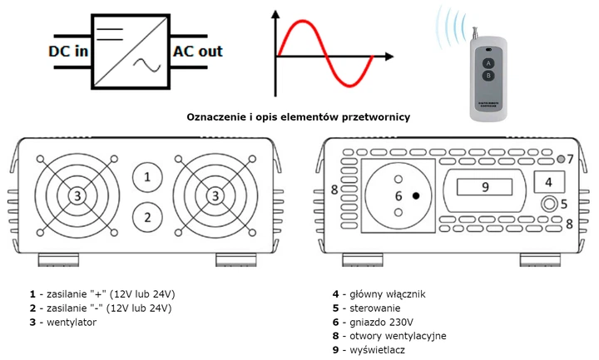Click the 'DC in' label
pyautogui.click(x=68, y=52)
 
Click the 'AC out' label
pyautogui.click(x=198, y=52)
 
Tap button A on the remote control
pyautogui.click(x=488, y=62)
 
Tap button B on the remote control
pyautogui.click(x=488, y=76)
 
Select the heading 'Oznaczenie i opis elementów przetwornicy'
pyautogui.click(x=298, y=118)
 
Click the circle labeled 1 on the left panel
pyautogui.click(x=147, y=176)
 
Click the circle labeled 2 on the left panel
pyautogui.click(x=147, y=218)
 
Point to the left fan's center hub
pyautogui.click(x=77, y=196)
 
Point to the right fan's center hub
pyautogui.click(x=216, y=196)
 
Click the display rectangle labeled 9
pyautogui.click(x=484, y=188)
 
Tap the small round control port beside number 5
pyautogui.click(x=547, y=204)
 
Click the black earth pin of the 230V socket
pyautogui.click(x=414, y=195)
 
